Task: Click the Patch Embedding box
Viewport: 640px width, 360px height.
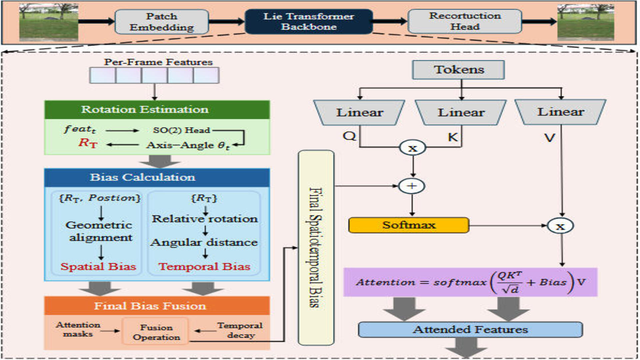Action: (162, 22)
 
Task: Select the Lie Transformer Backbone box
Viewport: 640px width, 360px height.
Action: (309, 22)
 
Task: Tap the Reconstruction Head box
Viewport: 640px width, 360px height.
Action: (465, 21)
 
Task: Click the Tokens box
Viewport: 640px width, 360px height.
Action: (458, 70)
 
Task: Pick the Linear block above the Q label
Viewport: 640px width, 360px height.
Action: (359, 112)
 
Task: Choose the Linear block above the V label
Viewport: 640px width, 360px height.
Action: (561, 112)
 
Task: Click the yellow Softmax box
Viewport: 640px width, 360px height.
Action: (409, 225)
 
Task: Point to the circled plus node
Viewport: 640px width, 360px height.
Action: (412, 186)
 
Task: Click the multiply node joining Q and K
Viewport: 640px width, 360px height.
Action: (413, 148)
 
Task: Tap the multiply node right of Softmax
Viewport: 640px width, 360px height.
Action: (560, 226)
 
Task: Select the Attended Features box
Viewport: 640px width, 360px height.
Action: (470, 330)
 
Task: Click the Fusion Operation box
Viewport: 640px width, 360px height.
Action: (156, 332)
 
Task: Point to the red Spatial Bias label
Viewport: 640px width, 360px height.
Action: (98, 267)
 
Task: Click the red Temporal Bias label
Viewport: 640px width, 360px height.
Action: (204, 267)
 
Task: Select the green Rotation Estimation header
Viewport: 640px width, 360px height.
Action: (157, 110)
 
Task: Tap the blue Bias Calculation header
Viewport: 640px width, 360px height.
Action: (157, 177)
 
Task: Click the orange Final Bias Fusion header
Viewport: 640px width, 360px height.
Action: (157, 306)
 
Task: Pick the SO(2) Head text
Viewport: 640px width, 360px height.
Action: (181, 130)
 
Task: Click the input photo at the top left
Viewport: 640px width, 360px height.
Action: (49, 22)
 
